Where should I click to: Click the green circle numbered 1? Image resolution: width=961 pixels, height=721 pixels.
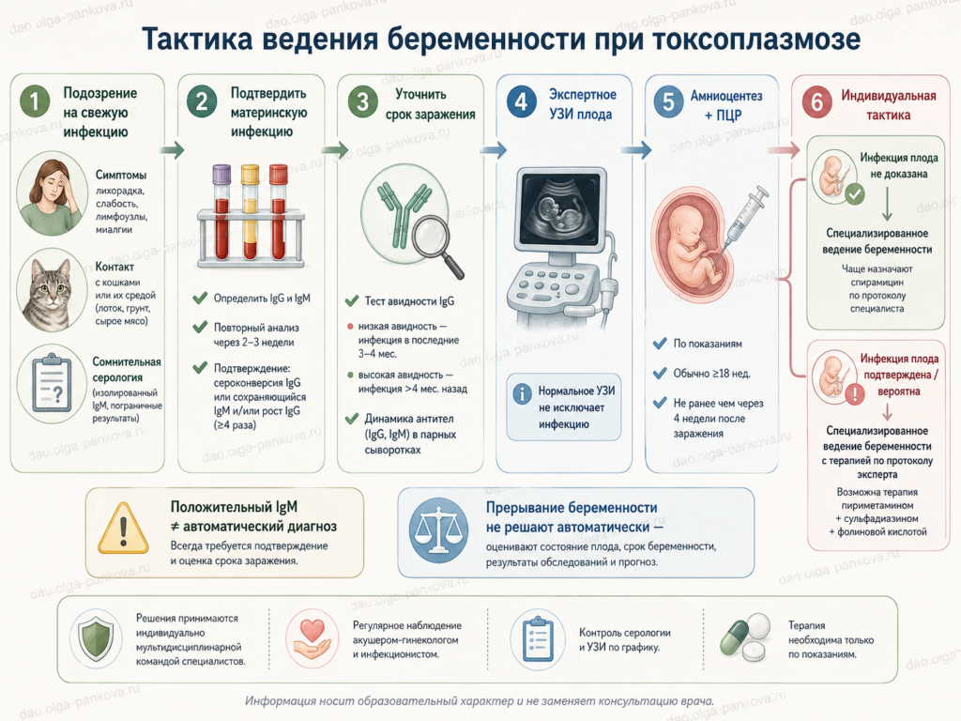35,101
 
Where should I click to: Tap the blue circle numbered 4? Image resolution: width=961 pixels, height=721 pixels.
522,101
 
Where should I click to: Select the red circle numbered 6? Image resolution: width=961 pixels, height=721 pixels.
817,101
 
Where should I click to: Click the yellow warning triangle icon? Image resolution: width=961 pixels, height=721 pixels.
123,529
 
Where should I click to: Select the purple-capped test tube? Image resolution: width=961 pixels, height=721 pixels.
221,212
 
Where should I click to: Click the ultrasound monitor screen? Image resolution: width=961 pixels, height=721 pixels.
559,207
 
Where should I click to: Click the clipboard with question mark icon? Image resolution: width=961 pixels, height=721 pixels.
52,383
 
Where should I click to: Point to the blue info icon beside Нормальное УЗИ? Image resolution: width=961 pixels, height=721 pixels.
522,393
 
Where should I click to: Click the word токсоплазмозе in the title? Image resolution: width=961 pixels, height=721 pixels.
756,39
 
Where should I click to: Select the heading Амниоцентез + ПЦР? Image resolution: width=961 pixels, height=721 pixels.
726,105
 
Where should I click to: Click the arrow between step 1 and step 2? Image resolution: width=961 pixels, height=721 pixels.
172,149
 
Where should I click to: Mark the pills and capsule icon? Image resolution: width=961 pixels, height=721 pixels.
744,638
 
